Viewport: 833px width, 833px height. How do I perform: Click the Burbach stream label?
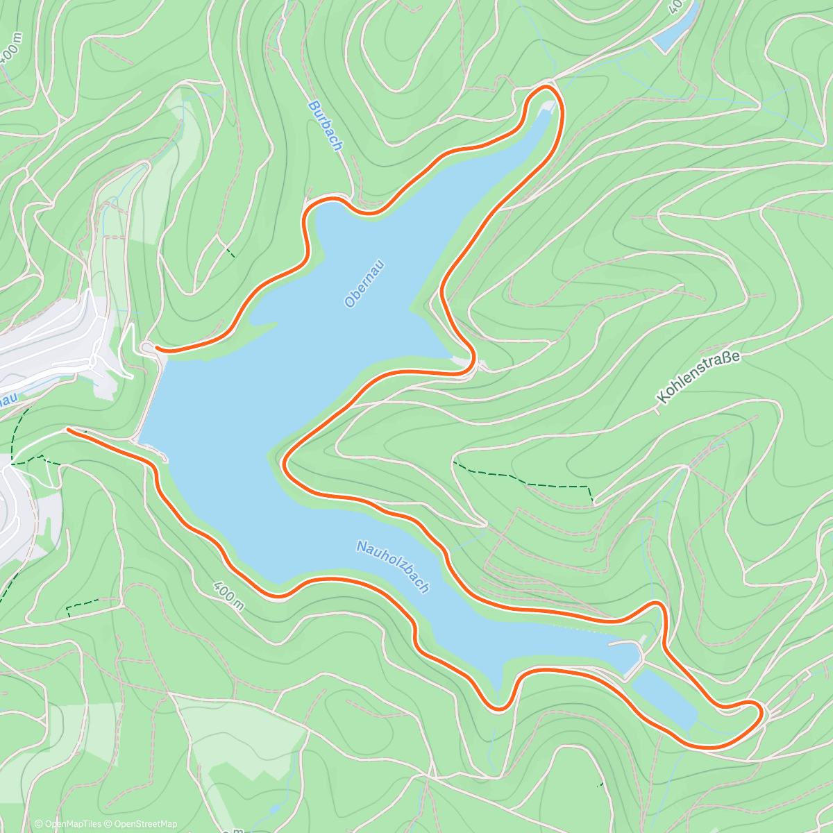click(x=325, y=126)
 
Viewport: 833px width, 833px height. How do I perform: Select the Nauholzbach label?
click(x=393, y=566)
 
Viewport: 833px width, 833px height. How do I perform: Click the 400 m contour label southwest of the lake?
click(x=229, y=595)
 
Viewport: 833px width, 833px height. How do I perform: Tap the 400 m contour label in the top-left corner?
click(x=11, y=49)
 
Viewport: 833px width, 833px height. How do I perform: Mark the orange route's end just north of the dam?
click(x=158, y=348)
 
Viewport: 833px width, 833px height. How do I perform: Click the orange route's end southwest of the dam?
click(x=68, y=430)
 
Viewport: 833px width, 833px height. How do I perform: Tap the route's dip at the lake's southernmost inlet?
click(x=497, y=708)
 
